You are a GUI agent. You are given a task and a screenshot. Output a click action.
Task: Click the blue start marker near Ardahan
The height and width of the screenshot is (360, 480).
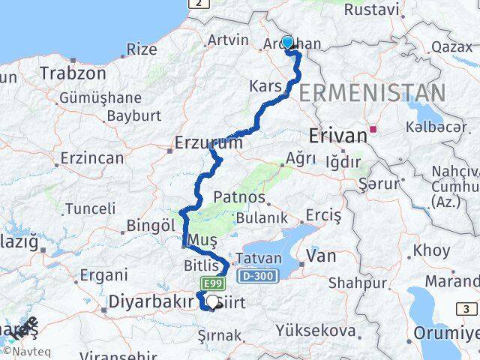click(x=287, y=43)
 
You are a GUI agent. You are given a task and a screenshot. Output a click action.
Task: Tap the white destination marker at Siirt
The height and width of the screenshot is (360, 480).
click(x=212, y=301)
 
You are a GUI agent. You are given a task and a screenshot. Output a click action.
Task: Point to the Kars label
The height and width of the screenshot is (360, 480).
click(x=265, y=86)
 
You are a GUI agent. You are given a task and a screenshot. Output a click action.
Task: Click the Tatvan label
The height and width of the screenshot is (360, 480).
click(x=259, y=257)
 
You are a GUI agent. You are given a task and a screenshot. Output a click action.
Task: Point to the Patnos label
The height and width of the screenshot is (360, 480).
click(x=239, y=197)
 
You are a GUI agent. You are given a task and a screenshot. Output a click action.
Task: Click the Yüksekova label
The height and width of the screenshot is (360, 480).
click(x=315, y=331)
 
